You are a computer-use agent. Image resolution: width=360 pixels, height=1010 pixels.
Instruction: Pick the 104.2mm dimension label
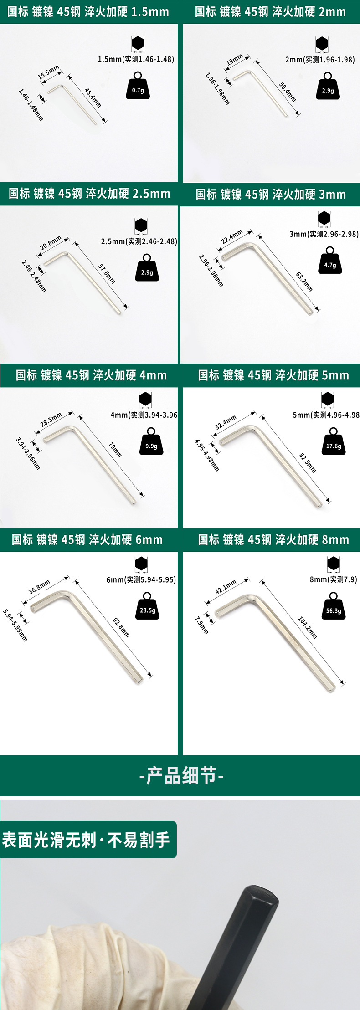pos(307,627)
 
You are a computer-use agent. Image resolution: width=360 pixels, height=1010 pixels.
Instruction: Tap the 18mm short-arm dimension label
pos(235,60)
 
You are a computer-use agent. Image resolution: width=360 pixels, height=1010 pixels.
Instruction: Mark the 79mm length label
pos(115,450)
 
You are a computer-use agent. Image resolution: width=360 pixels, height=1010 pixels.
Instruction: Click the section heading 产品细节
pos(181,775)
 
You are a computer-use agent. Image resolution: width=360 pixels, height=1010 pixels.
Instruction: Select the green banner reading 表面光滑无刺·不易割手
pos(87,840)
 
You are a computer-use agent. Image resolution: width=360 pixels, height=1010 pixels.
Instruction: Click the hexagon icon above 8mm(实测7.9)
pos(334,564)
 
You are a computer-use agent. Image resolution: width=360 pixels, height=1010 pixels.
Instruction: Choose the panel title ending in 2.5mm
pos(89,194)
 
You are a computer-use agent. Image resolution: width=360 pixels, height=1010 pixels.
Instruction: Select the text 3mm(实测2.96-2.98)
pos(324,234)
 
